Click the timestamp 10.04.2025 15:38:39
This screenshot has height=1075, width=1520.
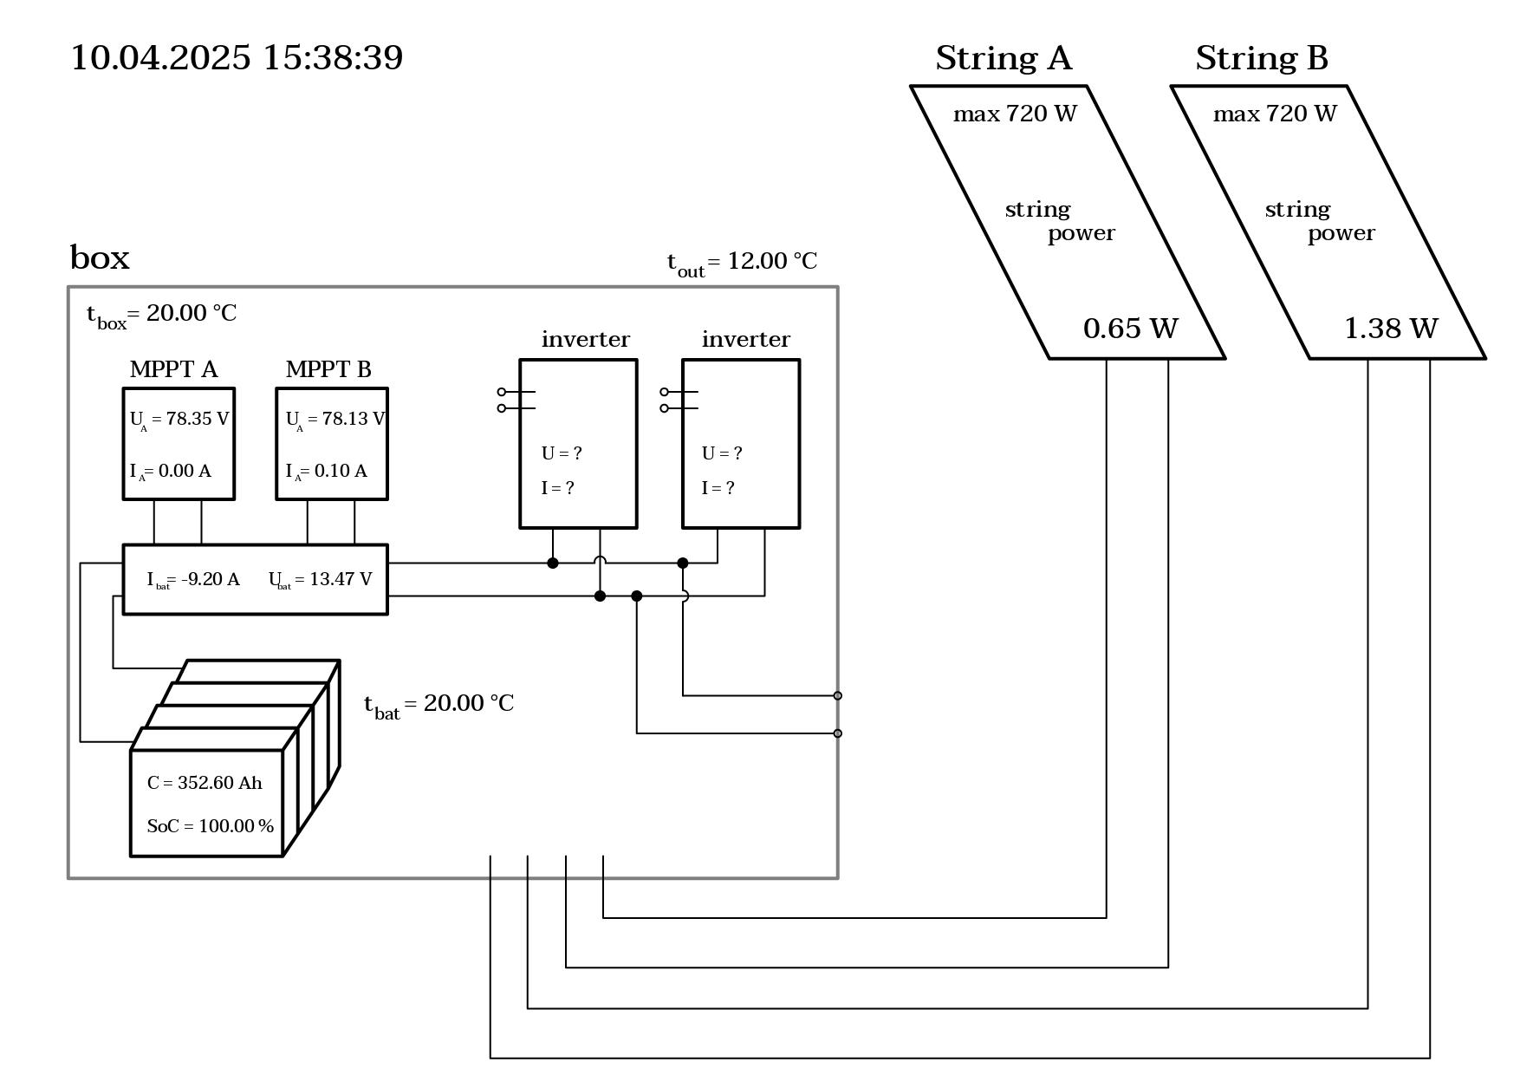pos(237,58)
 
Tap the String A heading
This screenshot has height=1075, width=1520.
pos(1004,58)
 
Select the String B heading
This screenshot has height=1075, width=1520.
pos(1262,58)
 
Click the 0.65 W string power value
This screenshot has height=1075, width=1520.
pos(1131,329)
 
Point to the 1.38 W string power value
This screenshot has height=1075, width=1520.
pos(1391,329)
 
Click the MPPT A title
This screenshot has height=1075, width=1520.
pos(173,369)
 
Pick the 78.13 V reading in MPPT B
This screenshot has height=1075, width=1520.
pos(335,419)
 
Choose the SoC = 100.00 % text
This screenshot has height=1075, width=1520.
pos(211,826)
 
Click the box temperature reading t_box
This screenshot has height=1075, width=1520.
pos(161,314)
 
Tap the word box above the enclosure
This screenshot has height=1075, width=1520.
pos(100,257)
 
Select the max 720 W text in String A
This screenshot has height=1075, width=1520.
pos(1015,114)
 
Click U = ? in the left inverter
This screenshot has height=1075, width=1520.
pos(562,453)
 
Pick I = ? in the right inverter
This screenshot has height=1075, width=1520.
pos(718,488)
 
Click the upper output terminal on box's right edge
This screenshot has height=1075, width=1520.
pos(837,695)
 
